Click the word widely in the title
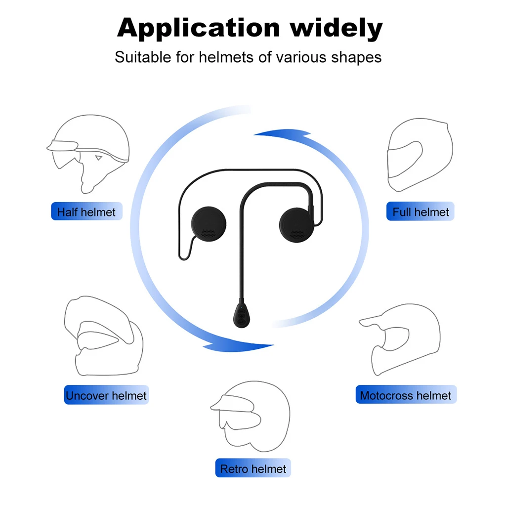[x=337, y=29]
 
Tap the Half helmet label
[x=86, y=212]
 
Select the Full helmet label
[x=421, y=212]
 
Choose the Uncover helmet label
[x=106, y=395]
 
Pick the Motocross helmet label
[x=406, y=395]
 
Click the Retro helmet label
[x=253, y=468]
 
